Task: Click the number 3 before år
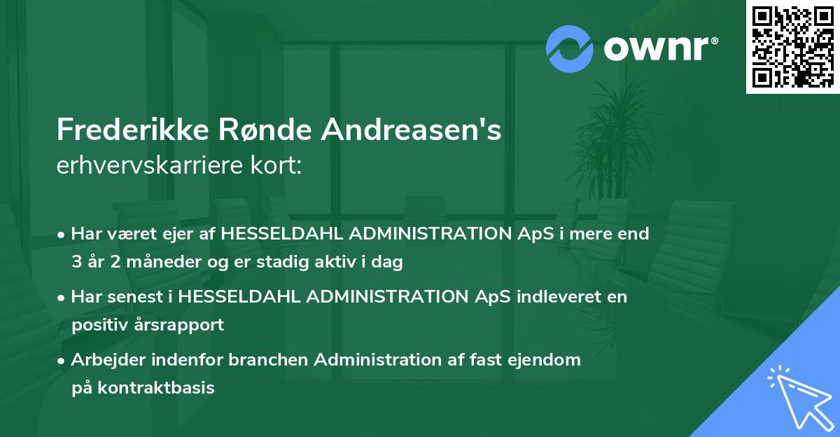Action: (x=76, y=263)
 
